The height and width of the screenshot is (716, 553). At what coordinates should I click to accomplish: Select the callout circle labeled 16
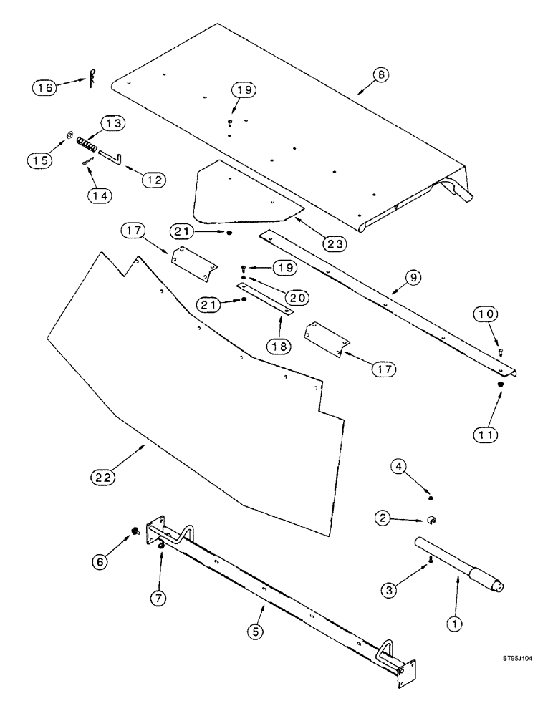pyautogui.click(x=45, y=88)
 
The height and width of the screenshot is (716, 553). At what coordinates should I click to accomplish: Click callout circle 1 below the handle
pyautogui.click(x=452, y=624)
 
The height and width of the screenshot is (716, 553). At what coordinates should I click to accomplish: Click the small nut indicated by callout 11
pyautogui.click(x=500, y=384)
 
